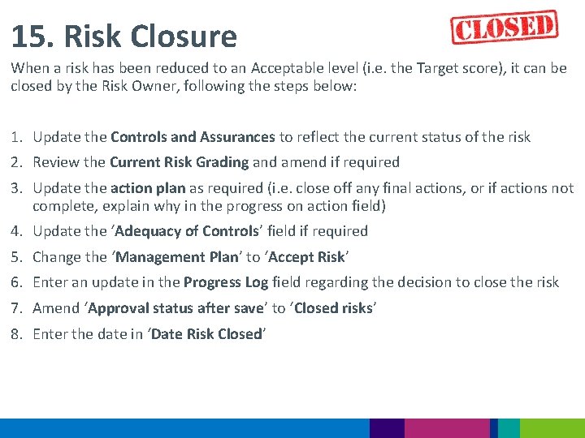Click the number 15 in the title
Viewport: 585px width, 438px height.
tap(30, 36)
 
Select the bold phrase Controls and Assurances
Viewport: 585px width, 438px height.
tap(193, 137)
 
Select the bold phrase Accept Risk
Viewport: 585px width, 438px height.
tap(306, 257)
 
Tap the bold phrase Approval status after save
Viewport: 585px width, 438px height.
tap(175, 308)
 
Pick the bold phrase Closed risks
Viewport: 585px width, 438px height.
tap(334, 308)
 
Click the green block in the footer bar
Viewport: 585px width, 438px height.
tap(552, 428)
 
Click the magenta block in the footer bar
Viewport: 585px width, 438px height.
tap(447, 428)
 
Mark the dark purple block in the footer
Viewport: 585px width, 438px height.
tap(387, 428)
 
